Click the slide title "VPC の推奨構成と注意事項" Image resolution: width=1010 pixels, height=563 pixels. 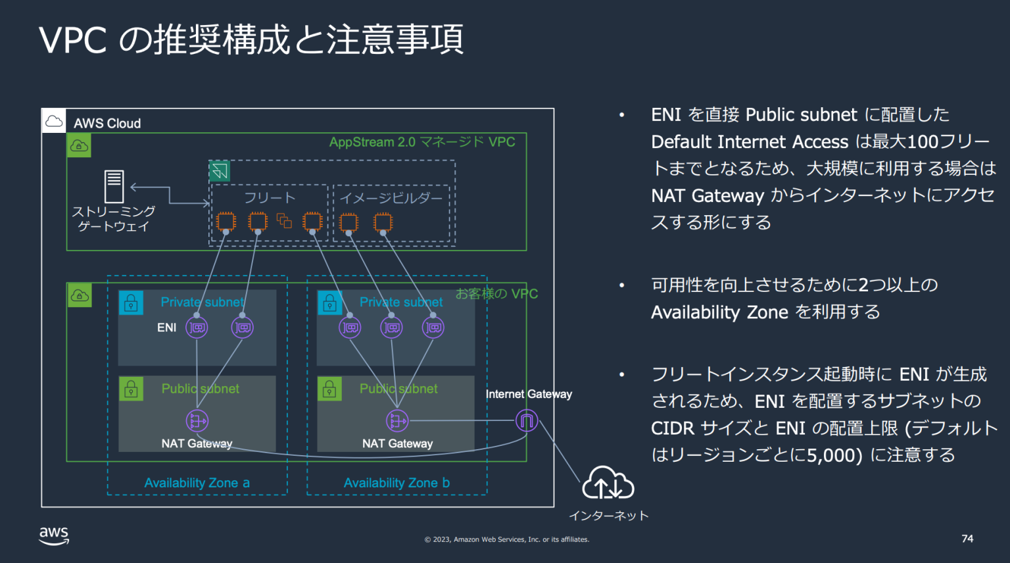click(251, 39)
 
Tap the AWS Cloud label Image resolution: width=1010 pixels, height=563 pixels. click(107, 124)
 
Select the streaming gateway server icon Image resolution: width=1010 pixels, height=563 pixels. click(114, 186)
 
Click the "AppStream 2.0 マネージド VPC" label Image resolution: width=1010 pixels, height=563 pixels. click(421, 142)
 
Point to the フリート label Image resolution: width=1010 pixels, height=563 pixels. click(270, 198)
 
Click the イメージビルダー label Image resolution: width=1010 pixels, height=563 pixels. click(391, 198)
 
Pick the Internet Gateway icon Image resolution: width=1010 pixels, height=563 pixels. click(526, 420)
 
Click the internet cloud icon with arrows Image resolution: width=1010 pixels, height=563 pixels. click(608, 483)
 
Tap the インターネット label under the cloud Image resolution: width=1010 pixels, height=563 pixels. click(608, 516)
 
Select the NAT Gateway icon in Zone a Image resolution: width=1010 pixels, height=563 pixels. click(197, 420)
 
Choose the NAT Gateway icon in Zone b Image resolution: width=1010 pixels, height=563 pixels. click(397, 420)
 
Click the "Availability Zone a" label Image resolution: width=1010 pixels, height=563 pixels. click(197, 483)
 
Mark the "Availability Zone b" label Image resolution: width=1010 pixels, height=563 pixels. click(397, 483)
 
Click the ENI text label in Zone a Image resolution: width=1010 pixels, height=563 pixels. click(166, 328)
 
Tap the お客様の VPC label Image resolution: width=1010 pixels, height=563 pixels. click(496, 294)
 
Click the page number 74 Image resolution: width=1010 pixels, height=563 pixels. click(967, 539)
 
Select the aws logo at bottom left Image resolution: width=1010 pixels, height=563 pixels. click(54, 536)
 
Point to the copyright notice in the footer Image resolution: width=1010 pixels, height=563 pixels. click(506, 539)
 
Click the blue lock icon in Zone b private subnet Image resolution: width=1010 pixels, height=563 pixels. click(329, 303)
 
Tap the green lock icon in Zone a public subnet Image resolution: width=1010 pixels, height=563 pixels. click(131, 389)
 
